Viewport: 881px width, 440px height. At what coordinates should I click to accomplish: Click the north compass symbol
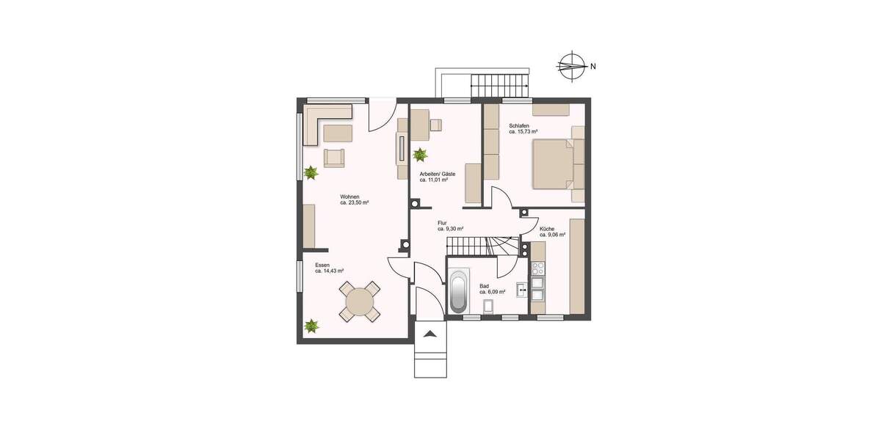(572, 66)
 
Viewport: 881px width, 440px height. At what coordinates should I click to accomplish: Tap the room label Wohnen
(349, 197)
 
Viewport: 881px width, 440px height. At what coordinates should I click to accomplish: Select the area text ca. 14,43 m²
(330, 271)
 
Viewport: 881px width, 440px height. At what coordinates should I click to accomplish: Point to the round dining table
(360, 301)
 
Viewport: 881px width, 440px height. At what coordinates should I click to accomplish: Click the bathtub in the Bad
(458, 293)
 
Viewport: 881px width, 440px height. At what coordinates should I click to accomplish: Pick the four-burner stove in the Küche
(537, 267)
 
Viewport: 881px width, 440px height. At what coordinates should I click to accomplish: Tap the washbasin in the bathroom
(523, 291)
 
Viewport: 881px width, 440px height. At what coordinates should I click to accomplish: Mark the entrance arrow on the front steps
(430, 334)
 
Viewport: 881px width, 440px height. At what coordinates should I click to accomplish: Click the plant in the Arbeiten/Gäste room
(420, 155)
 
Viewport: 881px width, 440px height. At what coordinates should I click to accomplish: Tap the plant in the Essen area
(312, 325)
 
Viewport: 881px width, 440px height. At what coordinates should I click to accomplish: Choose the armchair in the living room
(334, 157)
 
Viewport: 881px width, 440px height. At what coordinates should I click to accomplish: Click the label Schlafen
(519, 125)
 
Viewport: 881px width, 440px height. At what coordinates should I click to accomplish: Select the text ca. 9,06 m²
(552, 235)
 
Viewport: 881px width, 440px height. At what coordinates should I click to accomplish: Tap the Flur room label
(442, 222)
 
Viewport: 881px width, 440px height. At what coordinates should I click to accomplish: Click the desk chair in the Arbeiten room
(436, 124)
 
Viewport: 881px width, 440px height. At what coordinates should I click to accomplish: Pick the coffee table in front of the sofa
(338, 133)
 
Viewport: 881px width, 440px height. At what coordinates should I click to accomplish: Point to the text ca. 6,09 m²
(492, 292)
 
